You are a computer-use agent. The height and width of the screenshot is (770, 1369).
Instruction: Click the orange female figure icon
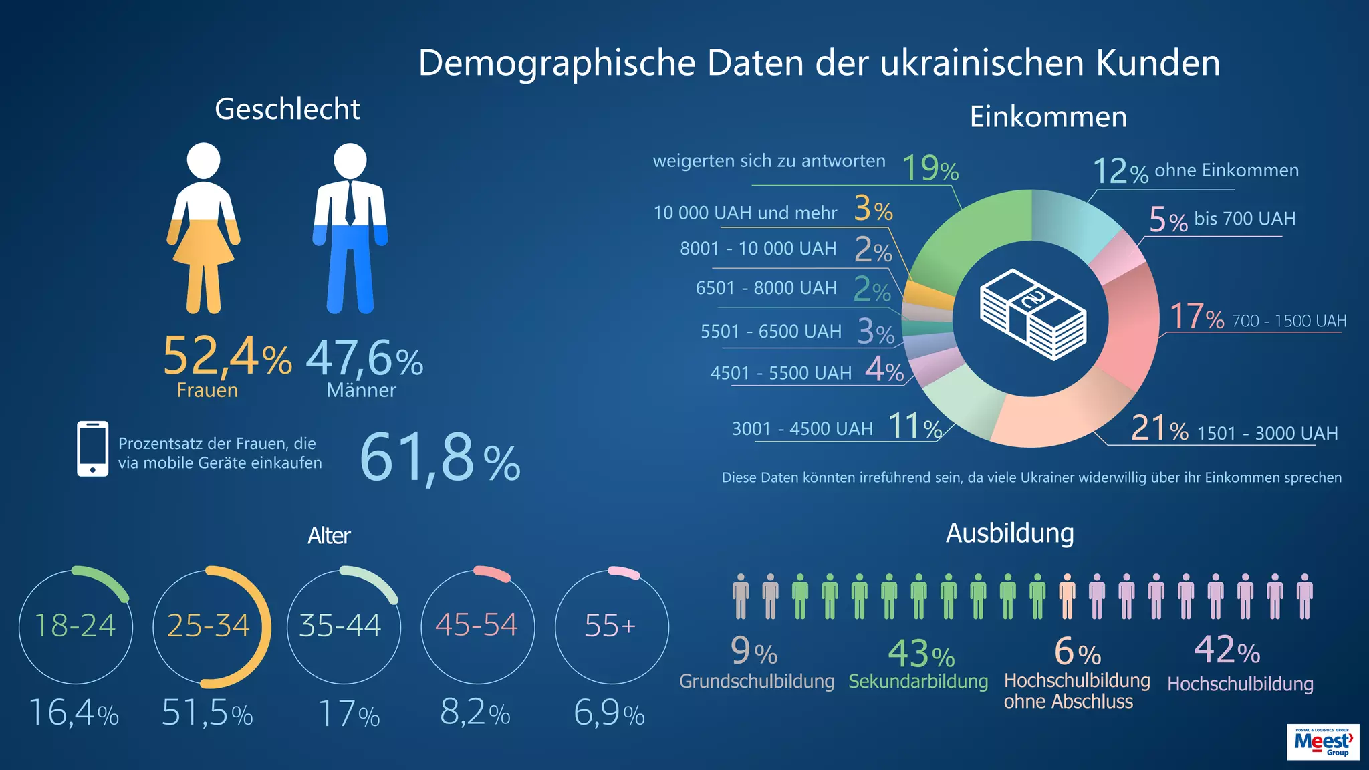[203, 231]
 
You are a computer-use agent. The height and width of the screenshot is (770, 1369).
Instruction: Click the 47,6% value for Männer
[364, 359]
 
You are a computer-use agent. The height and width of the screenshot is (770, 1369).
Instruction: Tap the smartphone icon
[92, 448]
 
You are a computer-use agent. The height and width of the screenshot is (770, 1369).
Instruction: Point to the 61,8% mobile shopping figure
[439, 458]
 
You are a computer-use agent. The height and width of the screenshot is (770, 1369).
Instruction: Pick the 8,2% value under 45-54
[475, 713]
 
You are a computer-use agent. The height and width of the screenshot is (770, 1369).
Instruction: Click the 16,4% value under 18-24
[74, 713]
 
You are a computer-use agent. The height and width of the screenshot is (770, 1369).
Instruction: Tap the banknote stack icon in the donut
[1033, 314]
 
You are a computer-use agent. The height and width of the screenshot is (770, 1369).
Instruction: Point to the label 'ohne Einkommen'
[1226, 170]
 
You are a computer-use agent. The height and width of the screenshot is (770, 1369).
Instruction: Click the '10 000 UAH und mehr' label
[745, 213]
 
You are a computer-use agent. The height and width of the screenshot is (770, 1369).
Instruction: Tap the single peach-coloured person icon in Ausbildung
[1067, 596]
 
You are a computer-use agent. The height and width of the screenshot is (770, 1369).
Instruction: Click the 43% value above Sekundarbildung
[920, 654]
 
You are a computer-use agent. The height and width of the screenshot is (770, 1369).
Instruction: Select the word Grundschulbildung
[757, 682]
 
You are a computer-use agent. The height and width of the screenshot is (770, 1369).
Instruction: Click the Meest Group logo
[1322, 742]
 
